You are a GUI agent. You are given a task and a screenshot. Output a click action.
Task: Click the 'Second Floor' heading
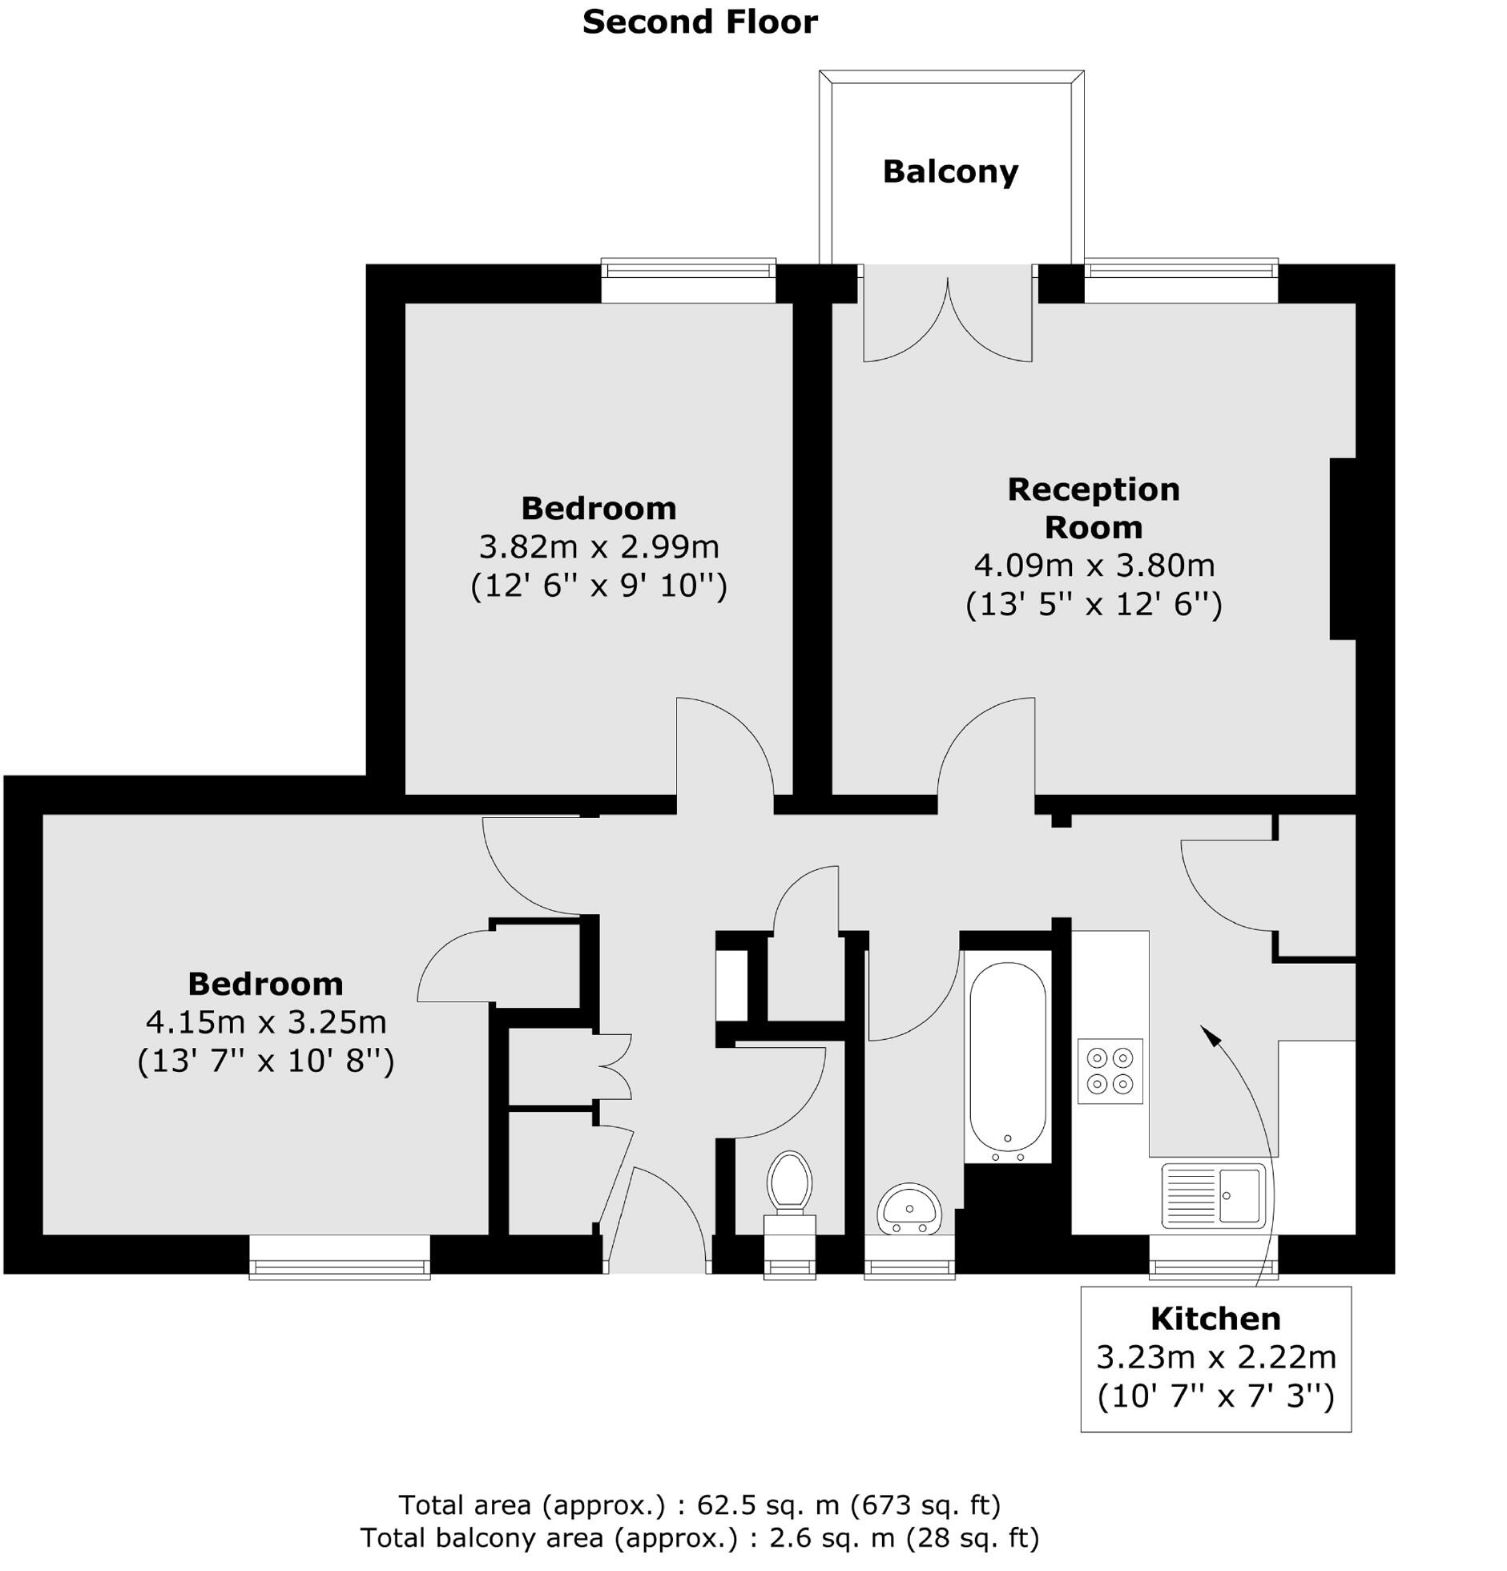coord(699,22)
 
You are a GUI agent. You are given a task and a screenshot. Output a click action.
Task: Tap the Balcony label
coord(950,171)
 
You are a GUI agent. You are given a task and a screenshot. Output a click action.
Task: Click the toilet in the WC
coord(789,1182)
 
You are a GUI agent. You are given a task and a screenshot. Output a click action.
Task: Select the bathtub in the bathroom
coord(1007,1057)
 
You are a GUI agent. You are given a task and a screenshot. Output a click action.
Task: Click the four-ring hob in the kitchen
coord(1110,1071)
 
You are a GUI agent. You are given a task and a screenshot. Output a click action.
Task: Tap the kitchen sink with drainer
coord(1213,1195)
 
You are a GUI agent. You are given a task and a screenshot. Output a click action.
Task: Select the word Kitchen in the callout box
coord(1215,1319)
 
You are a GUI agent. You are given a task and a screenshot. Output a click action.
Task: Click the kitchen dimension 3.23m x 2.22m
coord(1215,1357)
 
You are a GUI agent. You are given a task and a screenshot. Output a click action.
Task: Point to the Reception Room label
coord(1094,507)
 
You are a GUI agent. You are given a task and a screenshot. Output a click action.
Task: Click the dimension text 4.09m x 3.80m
coord(1094,566)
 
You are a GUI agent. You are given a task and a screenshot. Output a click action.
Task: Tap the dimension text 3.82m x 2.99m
coord(598,546)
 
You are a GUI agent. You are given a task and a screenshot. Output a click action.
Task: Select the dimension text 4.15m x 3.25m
coord(266,1022)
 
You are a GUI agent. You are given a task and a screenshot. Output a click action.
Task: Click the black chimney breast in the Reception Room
coord(1342,549)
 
